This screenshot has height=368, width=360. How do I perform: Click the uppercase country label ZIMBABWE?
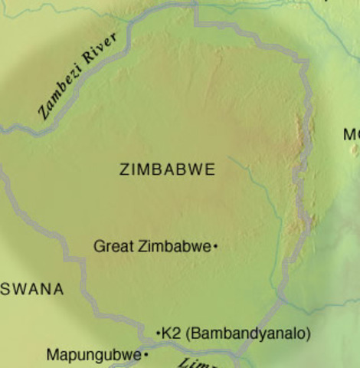click(x=167, y=170)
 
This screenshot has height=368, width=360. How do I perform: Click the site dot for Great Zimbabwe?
click(x=216, y=246)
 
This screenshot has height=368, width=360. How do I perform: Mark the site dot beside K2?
click(x=159, y=333)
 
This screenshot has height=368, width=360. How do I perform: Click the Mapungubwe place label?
click(x=93, y=355)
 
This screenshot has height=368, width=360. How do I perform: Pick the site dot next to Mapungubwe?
click(x=146, y=355)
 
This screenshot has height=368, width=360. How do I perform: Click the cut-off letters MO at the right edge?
click(x=351, y=135)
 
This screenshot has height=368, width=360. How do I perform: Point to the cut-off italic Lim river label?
click(x=195, y=363)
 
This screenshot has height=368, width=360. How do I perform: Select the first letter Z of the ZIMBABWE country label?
click(x=124, y=170)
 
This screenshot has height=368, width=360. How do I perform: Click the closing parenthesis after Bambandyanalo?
click(x=309, y=333)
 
